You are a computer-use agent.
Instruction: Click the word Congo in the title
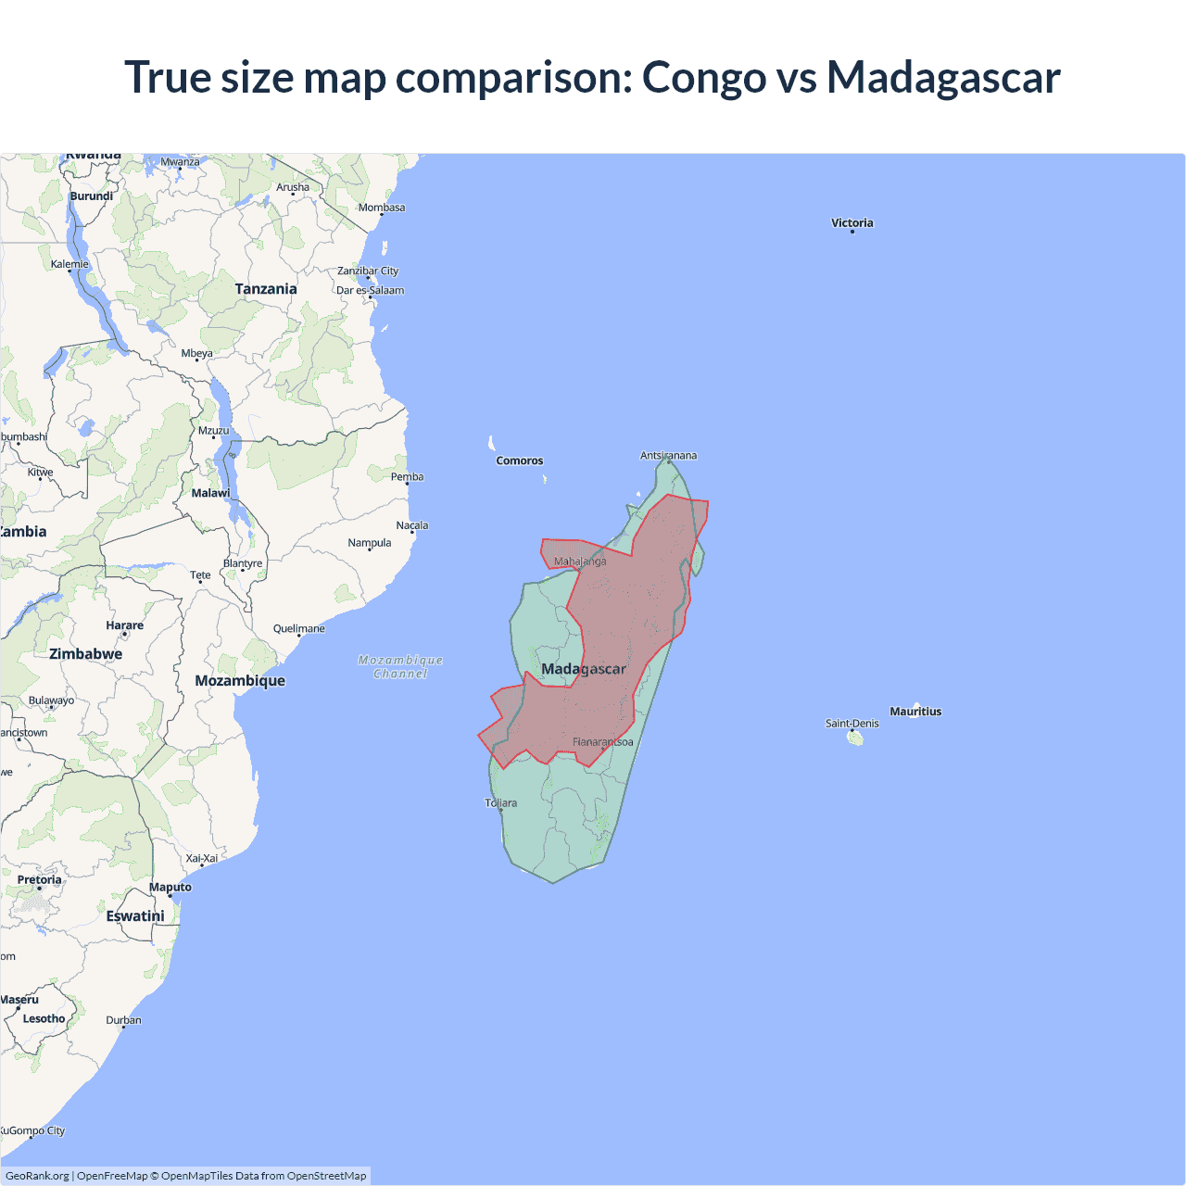(704, 77)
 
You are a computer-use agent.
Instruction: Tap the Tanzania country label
(266, 289)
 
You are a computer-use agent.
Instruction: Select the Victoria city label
(852, 222)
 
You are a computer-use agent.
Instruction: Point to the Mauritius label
(915, 712)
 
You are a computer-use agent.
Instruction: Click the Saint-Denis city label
(852, 724)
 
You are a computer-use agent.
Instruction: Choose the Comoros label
(520, 461)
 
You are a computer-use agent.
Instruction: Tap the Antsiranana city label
(668, 455)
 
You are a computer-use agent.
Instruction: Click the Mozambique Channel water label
(400, 667)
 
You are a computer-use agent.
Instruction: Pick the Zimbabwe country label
(85, 654)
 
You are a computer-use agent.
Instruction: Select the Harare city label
(124, 625)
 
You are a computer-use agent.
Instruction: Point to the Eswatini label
(135, 916)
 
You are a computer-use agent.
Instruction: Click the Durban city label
(123, 1020)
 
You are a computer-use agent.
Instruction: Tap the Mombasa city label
(382, 208)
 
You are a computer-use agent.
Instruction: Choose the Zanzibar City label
(368, 271)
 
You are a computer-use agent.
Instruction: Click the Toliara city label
(501, 802)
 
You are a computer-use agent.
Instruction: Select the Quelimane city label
(298, 628)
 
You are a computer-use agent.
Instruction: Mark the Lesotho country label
(44, 1018)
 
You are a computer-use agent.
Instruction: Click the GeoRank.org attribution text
(37, 1176)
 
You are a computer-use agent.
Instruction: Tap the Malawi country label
(210, 493)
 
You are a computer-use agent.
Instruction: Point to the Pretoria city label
(39, 880)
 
